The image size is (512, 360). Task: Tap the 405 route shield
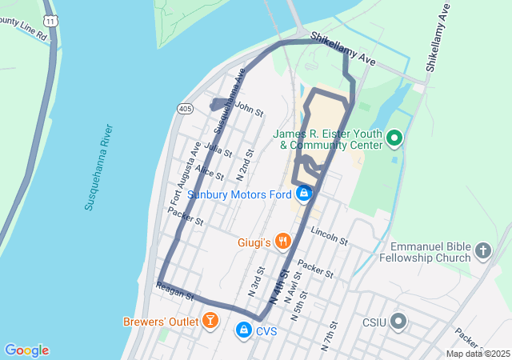(x=185, y=108)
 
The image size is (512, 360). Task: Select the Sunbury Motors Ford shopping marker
(x=304, y=194)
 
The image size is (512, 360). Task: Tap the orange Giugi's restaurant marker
(x=282, y=241)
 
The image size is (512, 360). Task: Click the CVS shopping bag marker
(x=243, y=330)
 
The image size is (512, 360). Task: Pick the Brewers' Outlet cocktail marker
(x=210, y=322)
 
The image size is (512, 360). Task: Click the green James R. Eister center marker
(x=394, y=140)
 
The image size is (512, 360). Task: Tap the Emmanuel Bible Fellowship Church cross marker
(x=482, y=252)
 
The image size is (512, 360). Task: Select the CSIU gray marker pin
(x=398, y=323)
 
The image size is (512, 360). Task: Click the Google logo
(x=27, y=350)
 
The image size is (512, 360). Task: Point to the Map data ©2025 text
(x=478, y=354)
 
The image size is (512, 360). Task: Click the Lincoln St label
(x=329, y=236)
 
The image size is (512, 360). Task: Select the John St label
(x=250, y=108)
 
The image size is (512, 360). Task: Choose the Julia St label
(x=218, y=149)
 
